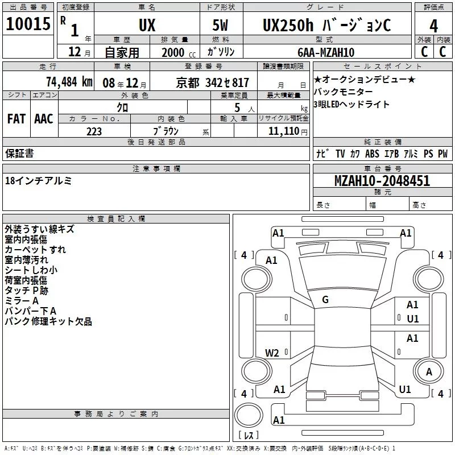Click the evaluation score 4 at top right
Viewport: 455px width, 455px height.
[434, 26]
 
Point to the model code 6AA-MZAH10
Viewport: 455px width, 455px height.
[326, 52]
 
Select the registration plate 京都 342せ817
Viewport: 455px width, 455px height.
[213, 82]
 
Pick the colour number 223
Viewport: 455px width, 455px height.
[94, 131]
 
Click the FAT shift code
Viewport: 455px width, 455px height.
[16, 119]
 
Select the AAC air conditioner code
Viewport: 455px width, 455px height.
[44, 119]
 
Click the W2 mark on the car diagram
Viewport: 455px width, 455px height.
[272, 353]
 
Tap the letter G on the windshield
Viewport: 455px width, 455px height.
[325, 300]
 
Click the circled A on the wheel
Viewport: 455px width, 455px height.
[430, 371]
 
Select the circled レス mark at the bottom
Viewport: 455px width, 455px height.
[248, 436]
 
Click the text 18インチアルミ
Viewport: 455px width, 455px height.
[39, 181]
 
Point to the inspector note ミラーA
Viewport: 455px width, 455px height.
[22, 301]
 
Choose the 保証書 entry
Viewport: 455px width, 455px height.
[19, 153]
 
